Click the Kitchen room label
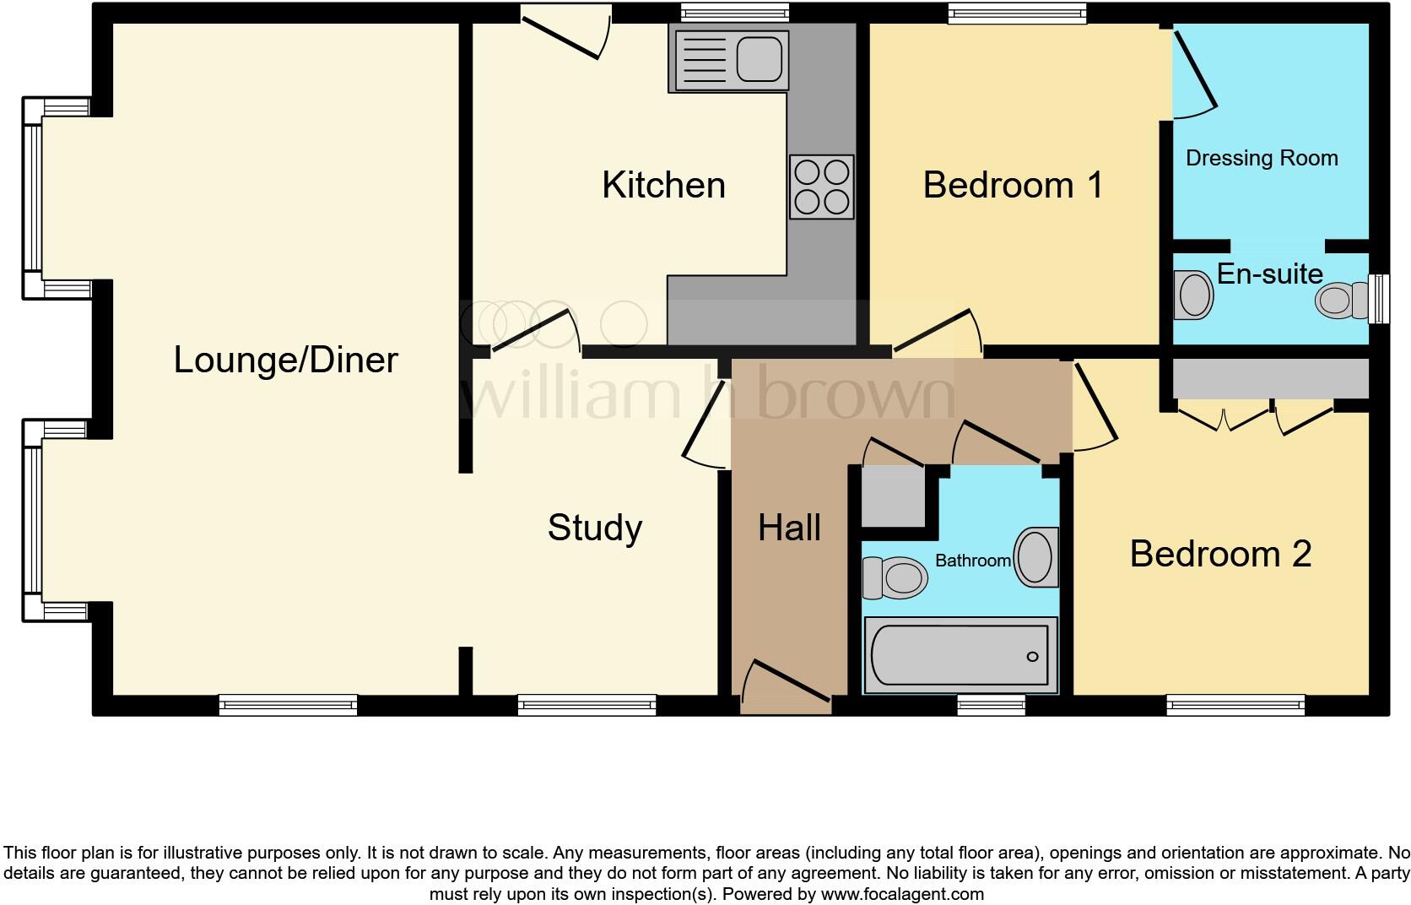[663, 185]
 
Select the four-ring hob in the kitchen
[821, 187]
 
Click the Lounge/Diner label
[285, 360]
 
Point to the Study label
[595, 528]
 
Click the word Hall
[789, 528]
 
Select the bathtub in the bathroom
[960, 655]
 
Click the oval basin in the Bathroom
[1035, 557]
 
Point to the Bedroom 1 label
[1013, 185]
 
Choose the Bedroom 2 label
[1220, 554]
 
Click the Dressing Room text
[1262, 158]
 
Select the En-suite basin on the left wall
[1193, 295]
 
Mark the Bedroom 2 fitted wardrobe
[1270, 379]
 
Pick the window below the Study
[587, 704]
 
